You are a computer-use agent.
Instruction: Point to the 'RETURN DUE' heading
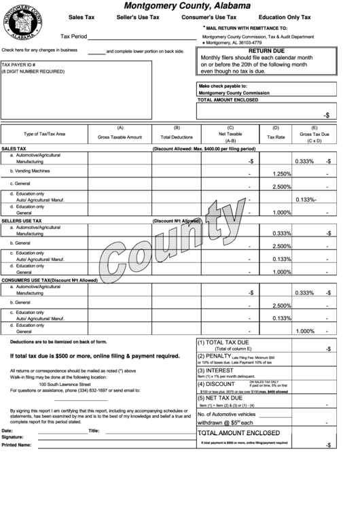point(265,51)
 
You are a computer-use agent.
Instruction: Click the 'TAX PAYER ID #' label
point(18,64)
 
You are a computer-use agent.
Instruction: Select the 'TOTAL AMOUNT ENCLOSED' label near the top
point(228,99)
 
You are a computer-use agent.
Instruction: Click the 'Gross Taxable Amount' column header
point(120,137)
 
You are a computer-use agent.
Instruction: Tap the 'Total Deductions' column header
point(177,137)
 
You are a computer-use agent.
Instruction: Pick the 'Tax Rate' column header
point(276,137)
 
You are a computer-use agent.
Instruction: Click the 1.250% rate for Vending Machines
point(281,174)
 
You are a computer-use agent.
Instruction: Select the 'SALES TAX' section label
point(14,148)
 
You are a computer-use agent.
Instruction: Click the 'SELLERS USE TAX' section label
point(21,221)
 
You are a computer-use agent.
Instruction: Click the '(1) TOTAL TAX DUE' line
point(223,342)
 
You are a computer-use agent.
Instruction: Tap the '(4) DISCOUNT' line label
point(216,384)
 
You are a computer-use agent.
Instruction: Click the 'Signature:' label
point(12,437)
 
